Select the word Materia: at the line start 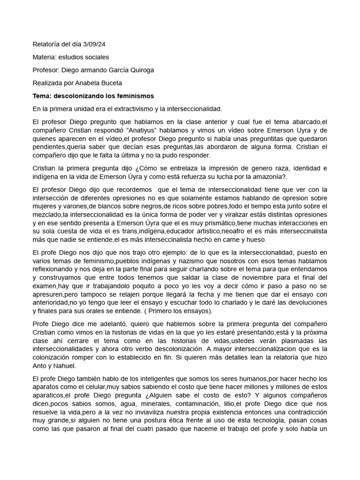click(46, 57)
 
